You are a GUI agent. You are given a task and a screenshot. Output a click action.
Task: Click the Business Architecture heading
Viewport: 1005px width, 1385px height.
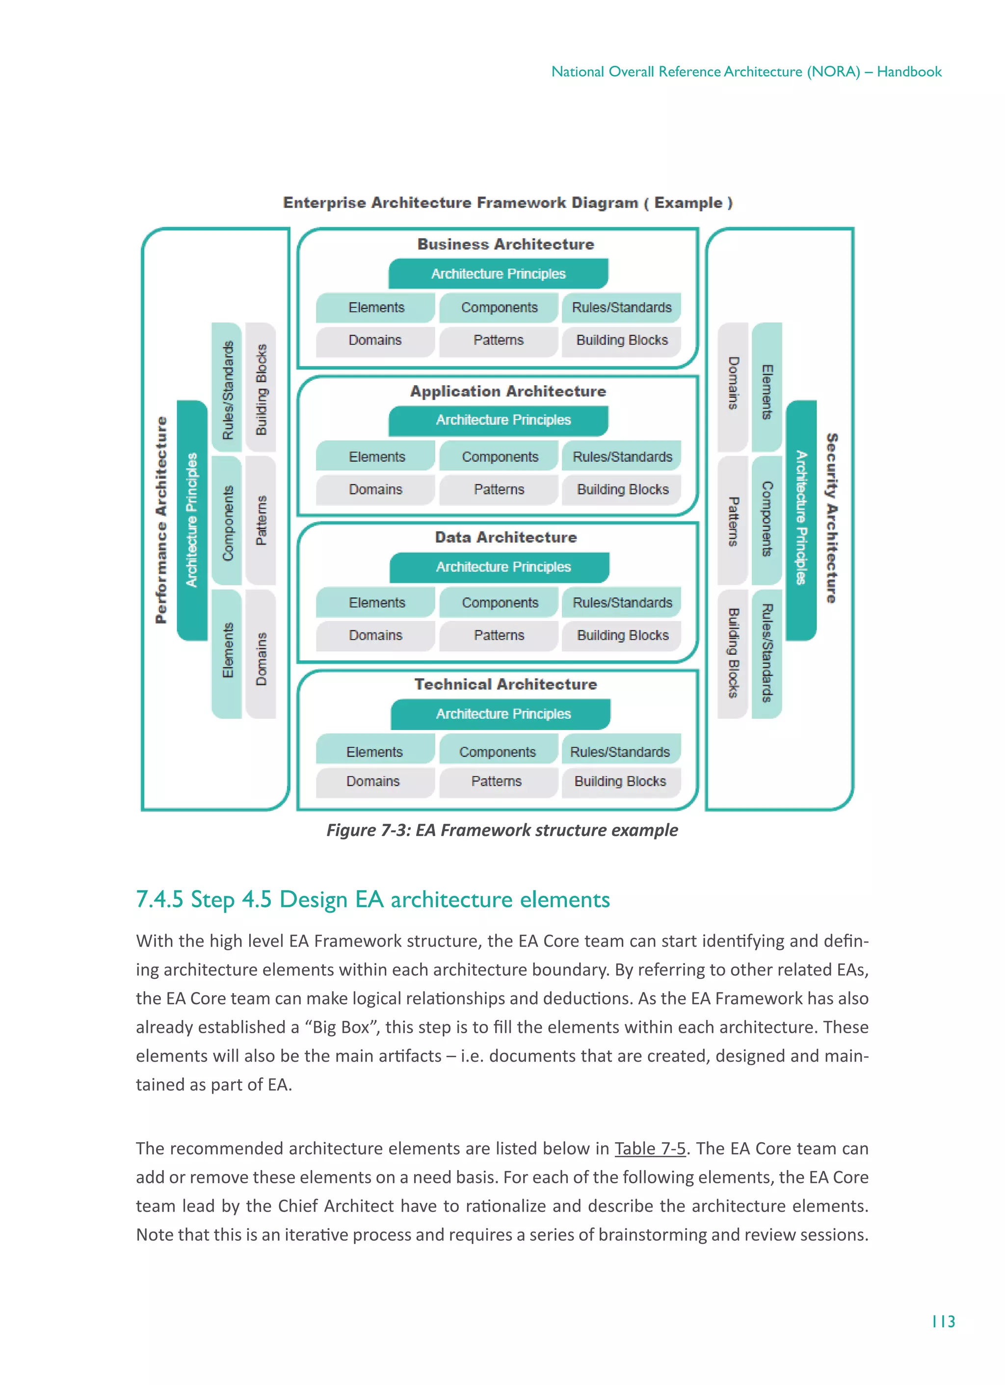[x=505, y=244]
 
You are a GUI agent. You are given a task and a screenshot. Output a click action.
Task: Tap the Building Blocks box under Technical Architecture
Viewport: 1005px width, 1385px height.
[x=620, y=781]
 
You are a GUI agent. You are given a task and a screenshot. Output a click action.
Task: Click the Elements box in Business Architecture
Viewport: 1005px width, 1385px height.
[x=376, y=308]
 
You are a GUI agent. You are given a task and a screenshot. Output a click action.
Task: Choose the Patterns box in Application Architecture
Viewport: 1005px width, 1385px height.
[x=499, y=490]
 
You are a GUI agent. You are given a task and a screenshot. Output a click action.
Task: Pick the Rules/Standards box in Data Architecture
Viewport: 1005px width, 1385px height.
[x=622, y=603]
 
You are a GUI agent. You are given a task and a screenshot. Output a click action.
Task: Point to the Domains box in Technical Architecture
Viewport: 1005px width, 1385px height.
[x=373, y=781]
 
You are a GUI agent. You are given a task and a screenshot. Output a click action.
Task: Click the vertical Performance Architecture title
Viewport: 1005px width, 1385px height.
[x=160, y=520]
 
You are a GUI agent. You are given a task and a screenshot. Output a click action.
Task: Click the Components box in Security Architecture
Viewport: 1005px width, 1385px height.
[x=767, y=519]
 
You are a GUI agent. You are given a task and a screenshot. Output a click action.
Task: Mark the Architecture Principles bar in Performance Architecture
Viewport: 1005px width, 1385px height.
[x=192, y=520]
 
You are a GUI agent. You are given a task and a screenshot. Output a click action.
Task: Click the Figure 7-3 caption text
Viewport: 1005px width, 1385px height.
[x=502, y=830]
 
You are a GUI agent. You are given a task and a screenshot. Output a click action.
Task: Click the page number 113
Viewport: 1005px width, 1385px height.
[x=943, y=1322]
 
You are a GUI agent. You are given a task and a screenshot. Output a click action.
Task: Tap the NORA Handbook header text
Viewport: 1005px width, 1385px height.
[x=746, y=72]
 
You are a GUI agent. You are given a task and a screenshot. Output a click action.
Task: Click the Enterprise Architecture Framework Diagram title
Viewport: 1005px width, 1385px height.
[x=507, y=203]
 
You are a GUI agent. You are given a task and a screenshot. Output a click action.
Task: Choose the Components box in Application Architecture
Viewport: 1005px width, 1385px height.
[x=500, y=457]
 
